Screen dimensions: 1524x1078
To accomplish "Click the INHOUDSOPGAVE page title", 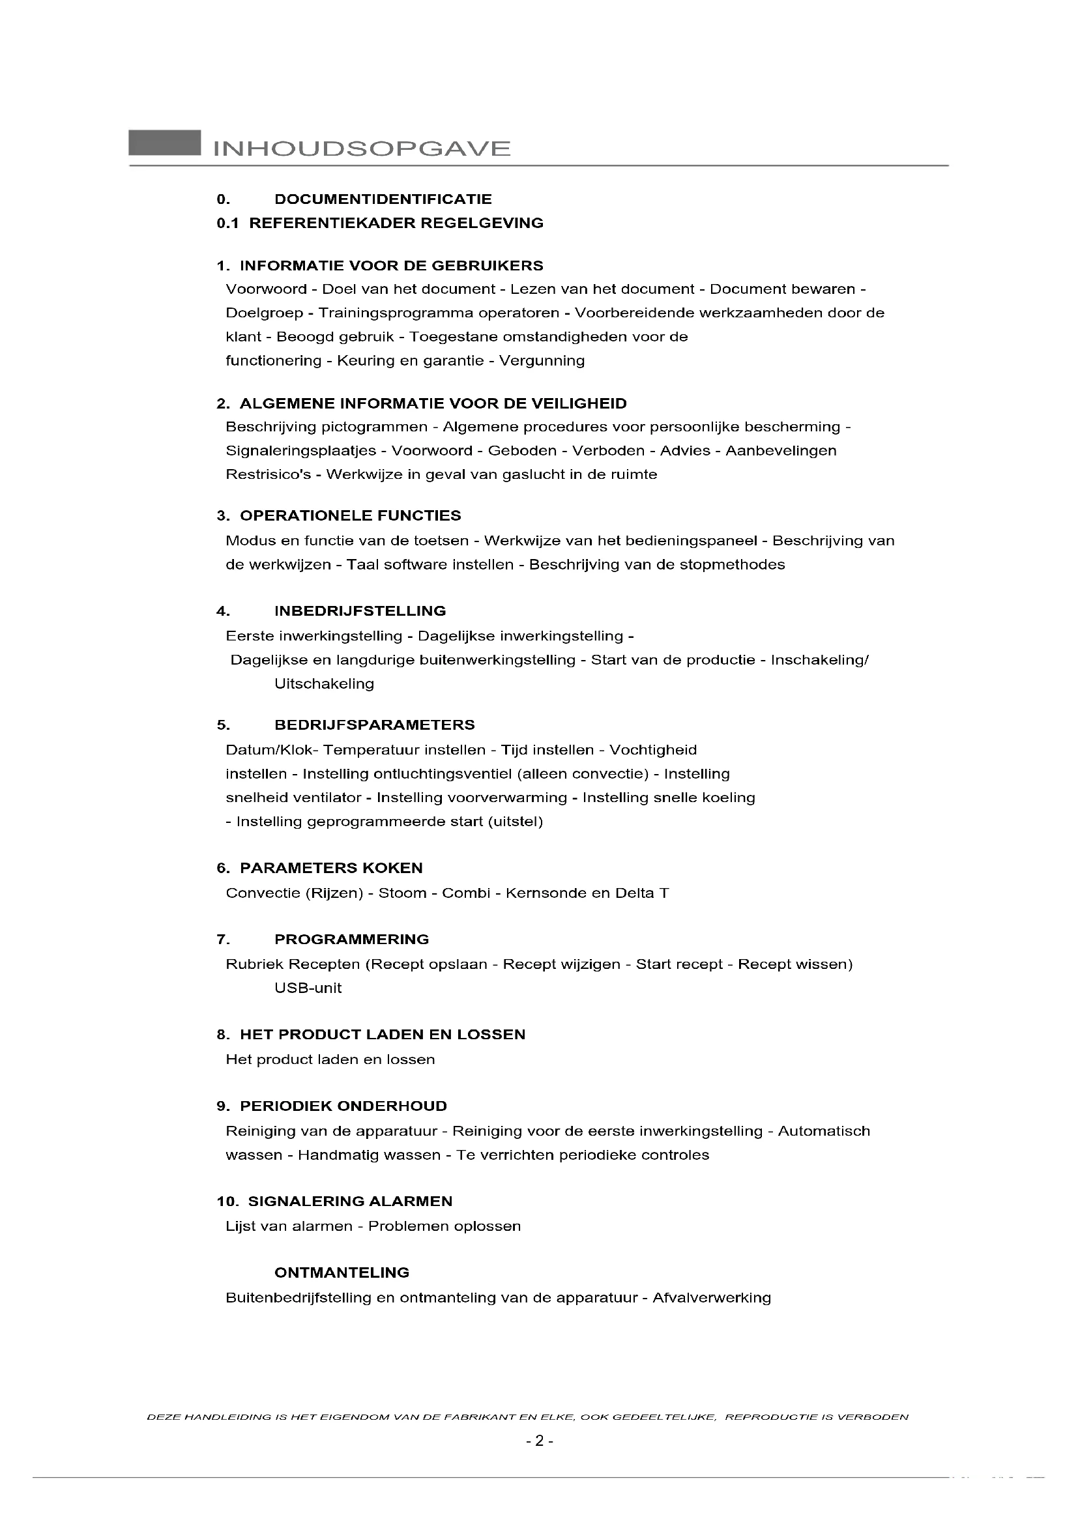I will tap(362, 147).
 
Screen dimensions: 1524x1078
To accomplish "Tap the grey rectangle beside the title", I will tap(165, 143).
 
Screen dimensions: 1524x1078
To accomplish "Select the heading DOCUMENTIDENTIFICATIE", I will tap(383, 199).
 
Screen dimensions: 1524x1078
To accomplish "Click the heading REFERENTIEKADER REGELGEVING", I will tap(396, 223).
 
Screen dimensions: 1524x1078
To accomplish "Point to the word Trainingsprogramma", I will tap(398, 313).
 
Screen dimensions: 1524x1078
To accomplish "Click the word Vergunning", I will tap(542, 360).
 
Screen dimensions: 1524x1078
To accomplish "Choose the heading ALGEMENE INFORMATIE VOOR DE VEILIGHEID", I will tap(433, 403).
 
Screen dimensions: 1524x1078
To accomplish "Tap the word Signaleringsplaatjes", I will tap(300, 451).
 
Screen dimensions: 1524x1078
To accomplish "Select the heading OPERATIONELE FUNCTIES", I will tap(351, 516).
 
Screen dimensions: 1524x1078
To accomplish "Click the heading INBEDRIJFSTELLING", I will tap(360, 611).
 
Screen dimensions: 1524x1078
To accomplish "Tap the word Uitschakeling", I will tap(324, 683).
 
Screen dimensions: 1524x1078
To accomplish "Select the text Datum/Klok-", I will tap(272, 750).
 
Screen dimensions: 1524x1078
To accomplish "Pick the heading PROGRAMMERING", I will tap(352, 940).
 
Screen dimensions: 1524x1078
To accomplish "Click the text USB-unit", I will tap(308, 988).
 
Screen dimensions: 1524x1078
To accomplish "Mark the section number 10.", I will tap(227, 1201).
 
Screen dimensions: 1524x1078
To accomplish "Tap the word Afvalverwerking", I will tap(712, 1298).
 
